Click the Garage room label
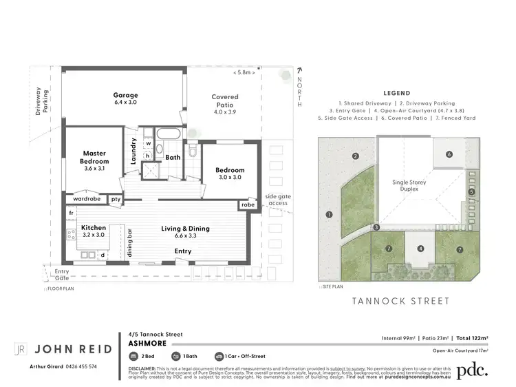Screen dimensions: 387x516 [x=125, y=95]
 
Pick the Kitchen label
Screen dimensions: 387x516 [x=94, y=227]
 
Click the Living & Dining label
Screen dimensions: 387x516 [x=186, y=229]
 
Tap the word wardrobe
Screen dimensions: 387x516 [x=87, y=200]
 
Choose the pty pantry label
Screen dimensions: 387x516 [x=116, y=200]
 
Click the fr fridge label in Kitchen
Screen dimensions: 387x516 [x=71, y=213]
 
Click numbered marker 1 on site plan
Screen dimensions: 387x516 [x=330, y=215]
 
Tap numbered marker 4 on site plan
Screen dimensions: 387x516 [x=420, y=248]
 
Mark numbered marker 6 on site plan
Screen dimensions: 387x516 [x=448, y=155]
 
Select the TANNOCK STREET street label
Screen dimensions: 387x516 [x=401, y=301]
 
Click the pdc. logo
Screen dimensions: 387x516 [x=473, y=369]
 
